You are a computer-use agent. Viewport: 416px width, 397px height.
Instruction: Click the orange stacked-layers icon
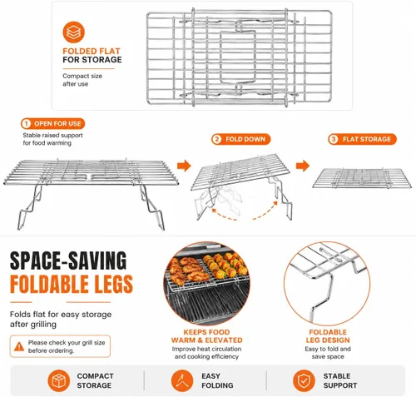(73, 32)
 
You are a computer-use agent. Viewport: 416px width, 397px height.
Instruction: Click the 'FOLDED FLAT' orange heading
(92, 51)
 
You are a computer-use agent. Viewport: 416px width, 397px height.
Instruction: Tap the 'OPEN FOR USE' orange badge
(52, 124)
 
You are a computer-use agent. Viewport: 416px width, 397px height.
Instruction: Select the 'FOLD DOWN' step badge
(240, 139)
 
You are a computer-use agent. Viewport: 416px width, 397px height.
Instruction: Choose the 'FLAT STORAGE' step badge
(362, 139)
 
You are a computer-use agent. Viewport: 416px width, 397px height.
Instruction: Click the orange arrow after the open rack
(184, 166)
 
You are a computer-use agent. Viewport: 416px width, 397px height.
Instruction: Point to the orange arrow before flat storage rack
(303, 166)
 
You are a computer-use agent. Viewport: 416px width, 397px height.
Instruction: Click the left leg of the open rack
(29, 206)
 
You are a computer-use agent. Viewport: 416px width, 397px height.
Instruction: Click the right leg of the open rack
(152, 206)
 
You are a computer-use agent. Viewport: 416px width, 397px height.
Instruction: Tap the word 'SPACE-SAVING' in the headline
(68, 261)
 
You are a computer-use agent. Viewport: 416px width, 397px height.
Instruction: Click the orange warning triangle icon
(19, 346)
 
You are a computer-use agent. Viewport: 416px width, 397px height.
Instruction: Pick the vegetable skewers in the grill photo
(225, 265)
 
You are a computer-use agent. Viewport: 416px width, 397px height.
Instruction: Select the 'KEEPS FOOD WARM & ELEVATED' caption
(206, 336)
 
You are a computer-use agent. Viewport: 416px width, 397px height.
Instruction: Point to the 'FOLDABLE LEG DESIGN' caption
(328, 336)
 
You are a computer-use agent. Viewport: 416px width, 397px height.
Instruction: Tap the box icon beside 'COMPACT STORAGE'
(59, 380)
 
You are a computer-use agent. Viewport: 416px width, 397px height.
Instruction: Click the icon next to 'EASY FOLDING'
(182, 380)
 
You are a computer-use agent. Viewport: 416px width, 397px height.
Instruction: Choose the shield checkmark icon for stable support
(304, 380)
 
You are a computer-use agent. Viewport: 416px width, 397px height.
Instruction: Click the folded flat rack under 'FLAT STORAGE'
(362, 179)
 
